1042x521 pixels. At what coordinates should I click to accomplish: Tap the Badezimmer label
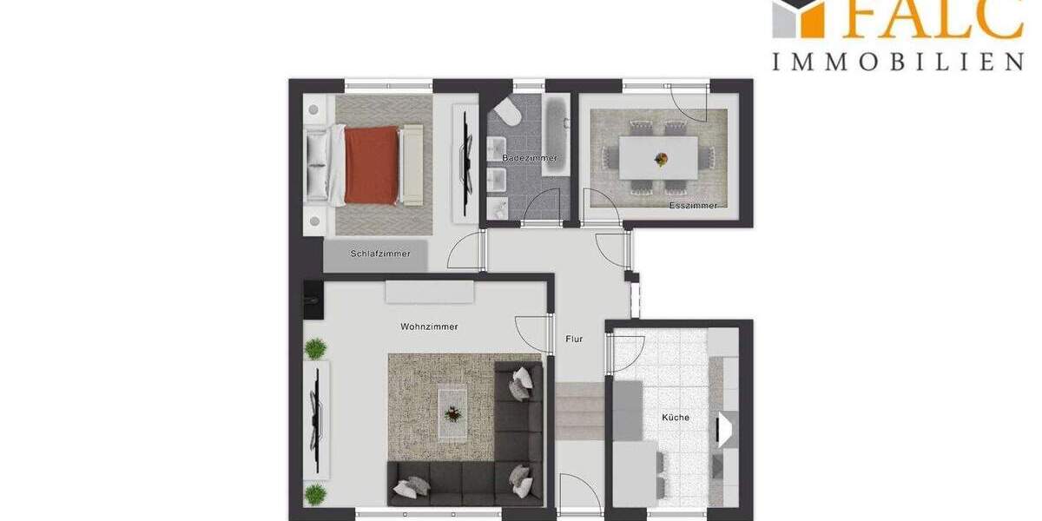pyautogui.click(x=529, y=158)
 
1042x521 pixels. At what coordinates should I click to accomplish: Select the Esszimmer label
pyautogui.click(x=693, y=206)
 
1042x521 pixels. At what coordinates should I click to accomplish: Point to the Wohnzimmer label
pyautogui.click(x=429, y=326)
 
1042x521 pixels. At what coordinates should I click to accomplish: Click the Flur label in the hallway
pyautogui.click(x=574, y=339)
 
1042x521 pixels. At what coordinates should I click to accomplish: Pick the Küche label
pyautogui.click(x=675, y=418)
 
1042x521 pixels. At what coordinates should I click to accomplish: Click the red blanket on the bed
pyautogui.click(x=372, y=164)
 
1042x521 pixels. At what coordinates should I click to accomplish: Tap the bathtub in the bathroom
pyautogui.click(x=556, y=135)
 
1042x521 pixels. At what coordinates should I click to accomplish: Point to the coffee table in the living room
pyautogui.click(x=452, y=405)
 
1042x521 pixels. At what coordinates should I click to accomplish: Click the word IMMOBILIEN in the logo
pyautogui.click(x=897, y=61)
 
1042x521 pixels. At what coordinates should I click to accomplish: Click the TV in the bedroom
pyautogui.click(x=465, y=144)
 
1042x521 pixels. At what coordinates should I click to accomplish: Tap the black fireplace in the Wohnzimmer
pyautogui.click(x=311, y=295)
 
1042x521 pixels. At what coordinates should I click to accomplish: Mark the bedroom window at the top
pyautogui.click(x=388, y=85)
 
